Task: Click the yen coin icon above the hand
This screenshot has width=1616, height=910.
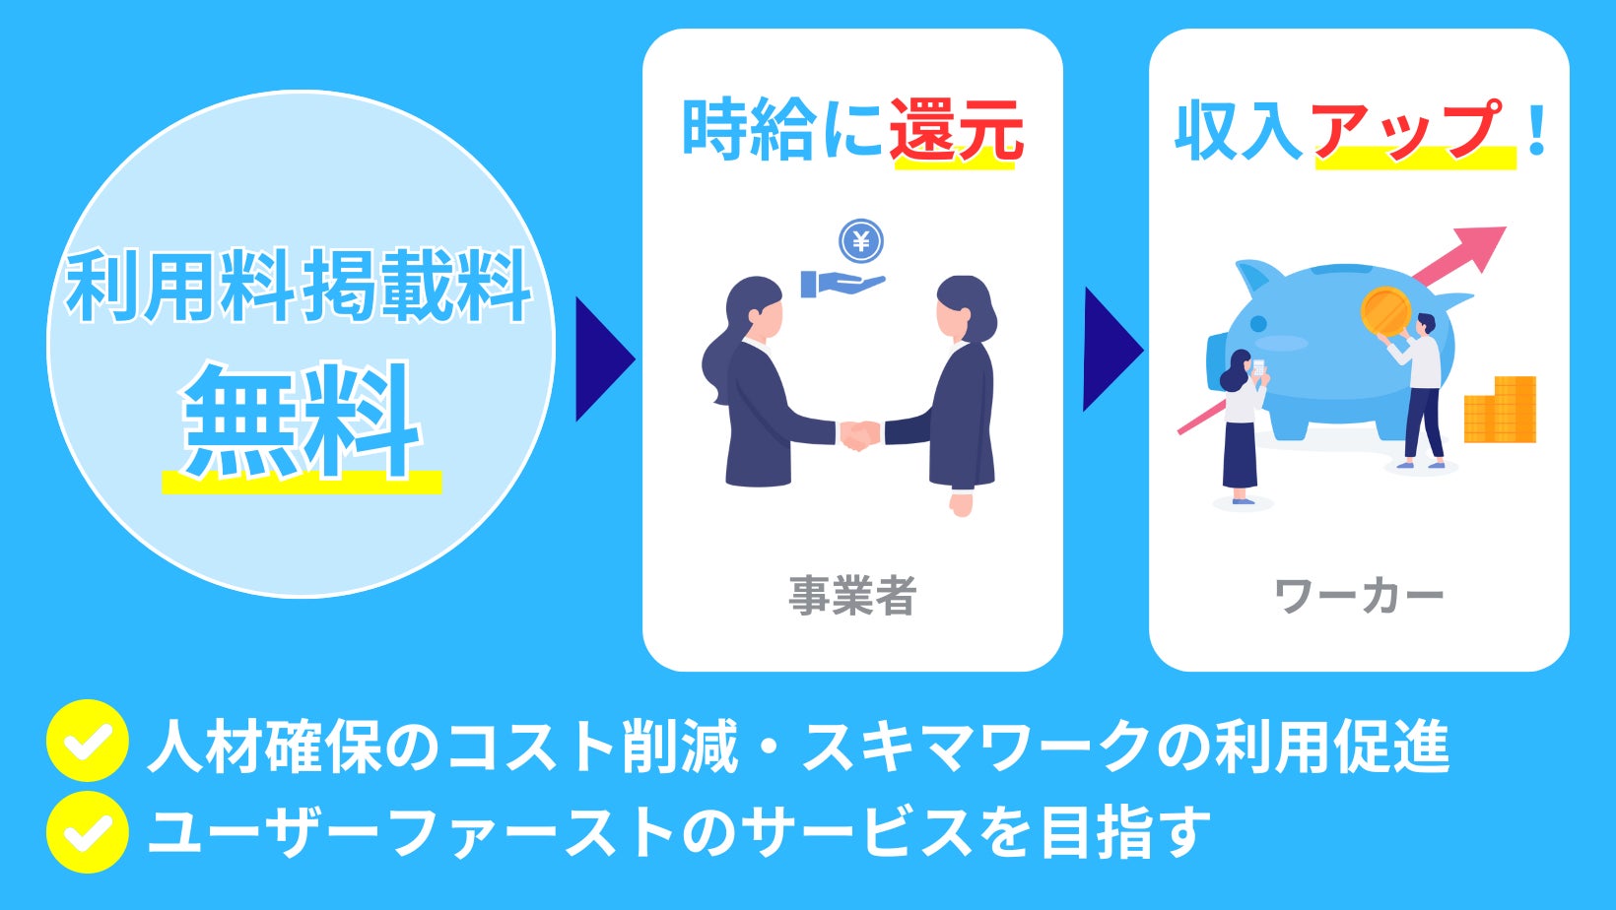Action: coord(861,241)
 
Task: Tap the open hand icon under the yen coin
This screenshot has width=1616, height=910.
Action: coord(843,284)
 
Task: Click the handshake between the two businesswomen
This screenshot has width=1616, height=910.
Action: coord(859,434)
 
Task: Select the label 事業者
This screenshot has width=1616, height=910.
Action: coord(853,596)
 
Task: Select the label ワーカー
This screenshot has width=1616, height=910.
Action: coord(1359,596)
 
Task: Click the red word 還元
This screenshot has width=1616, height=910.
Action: coord(956,130)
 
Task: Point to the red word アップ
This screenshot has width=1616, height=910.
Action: coord(1410,130)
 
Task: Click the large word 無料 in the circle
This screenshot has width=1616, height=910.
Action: coord(302,422)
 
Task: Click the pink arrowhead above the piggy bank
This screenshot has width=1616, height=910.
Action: coord(1482,246)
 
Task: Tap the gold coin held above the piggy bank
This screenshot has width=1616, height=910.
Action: coord(1385,310)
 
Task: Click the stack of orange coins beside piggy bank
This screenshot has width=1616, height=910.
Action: coord(1501,410)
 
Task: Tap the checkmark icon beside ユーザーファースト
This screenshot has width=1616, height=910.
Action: coord(87,832)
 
